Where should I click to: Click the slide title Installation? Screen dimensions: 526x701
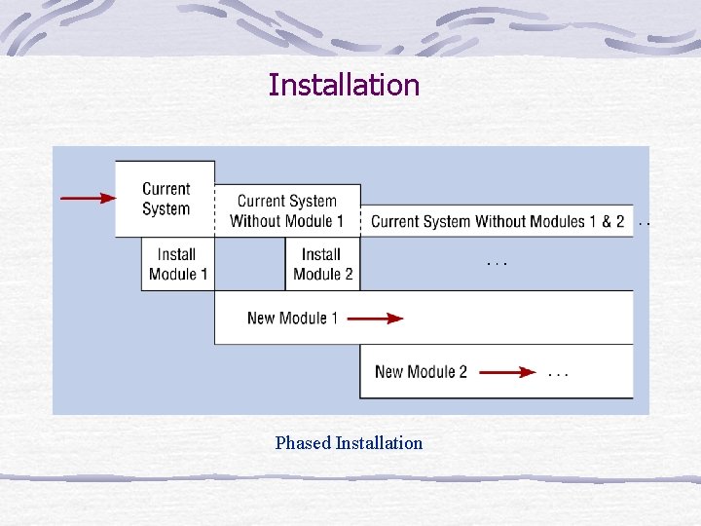344,85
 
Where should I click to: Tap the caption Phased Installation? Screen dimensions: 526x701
349,443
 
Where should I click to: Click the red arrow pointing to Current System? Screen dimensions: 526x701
88,198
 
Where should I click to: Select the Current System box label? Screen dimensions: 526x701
166,199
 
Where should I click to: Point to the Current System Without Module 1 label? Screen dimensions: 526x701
287,211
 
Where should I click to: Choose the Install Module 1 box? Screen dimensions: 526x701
178,264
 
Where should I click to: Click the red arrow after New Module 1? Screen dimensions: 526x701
375,318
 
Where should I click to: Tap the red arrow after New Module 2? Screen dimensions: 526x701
507,371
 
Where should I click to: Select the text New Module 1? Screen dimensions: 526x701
292,318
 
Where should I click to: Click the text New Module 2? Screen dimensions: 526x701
421,371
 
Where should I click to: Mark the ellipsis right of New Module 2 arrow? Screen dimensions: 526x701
558,373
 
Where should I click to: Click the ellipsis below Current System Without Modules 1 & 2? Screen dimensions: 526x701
497,263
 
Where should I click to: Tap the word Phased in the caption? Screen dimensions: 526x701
303,443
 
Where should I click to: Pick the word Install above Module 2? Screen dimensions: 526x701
321,254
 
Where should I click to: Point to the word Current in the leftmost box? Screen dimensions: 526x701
166,189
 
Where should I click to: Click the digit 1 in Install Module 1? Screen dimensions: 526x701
203,274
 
